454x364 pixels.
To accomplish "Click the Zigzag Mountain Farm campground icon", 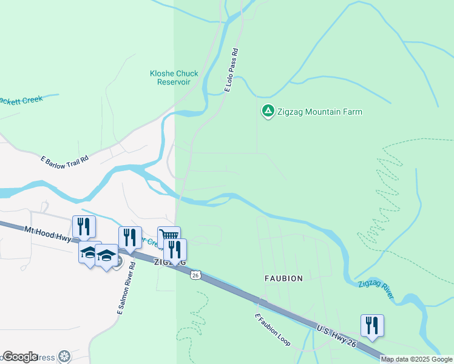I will [267, 112].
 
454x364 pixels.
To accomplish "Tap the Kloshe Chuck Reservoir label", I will [174, 78].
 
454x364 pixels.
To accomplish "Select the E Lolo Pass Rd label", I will [230, 72].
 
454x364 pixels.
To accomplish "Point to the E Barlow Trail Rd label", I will [64, 160].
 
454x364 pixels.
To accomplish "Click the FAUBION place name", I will [283, 278].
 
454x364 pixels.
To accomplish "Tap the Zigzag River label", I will [376, 289].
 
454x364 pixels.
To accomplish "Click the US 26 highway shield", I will [195, 275].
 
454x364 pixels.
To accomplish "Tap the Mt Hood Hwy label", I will [48, 234].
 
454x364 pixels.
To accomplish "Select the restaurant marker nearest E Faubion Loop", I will [372, 325].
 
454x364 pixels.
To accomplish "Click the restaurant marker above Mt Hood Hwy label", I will [84, 226].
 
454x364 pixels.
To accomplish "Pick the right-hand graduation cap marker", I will [106, 255].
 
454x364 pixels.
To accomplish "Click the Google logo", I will [20, 357].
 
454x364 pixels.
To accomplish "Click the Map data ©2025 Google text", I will [416, 359].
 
